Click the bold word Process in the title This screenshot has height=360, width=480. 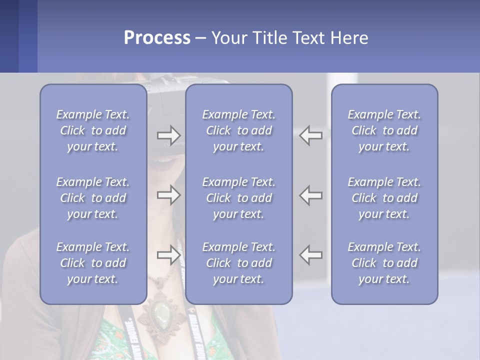pyautogui.click(x=157, y=38)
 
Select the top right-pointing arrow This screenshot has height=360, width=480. pyautogui.click(x=168, y=135)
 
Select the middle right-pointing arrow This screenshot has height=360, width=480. pyautogui.click(x=168, y=195)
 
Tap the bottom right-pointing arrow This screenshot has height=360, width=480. pyautogui.click(x=168, y=255)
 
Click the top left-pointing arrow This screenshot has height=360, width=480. pyautogui.click(x=311, y=135)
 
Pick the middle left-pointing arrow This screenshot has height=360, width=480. pyautogui.click(x=311, y=195)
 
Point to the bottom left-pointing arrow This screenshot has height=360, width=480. pyautogui.click(x=311, y=255)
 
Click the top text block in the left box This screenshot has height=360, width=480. pyautogui.click(x=93, y=130)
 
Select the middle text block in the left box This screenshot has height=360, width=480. pyautogui.click(x=93, y=198)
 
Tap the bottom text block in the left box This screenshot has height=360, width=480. pyautogui.click(x=93, y=263)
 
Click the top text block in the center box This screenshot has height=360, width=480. pyautogui.click(x=238, y=130)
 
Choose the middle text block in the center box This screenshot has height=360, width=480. pyautogui.click(x=238, y=198)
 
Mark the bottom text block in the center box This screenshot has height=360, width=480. pyautogui.click(x=238, y=263)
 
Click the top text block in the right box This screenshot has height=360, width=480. pyautogui.click(x=384, y=130)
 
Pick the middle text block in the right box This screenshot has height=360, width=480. pyautogui.click(x=384, y=198)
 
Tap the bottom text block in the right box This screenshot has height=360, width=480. pyautogui.click(x=384, y=263)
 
